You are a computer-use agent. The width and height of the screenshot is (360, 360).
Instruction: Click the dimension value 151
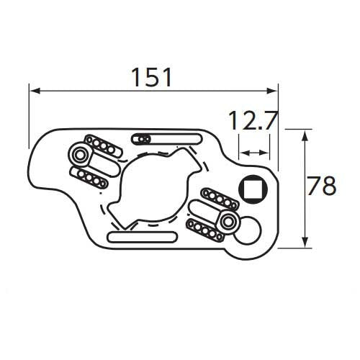[x=152, y=77]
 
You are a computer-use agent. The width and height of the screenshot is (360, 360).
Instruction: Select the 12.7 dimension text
[x=253, y=120]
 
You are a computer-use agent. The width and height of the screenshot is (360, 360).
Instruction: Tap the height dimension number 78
[x=322, y=186]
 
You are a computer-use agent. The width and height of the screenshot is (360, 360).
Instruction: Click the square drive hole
[x=253, y=189]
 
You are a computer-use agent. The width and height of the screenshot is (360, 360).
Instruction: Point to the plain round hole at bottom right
[x=247, y=230]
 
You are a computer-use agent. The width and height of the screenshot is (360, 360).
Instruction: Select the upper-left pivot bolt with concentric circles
[x=79, y=155]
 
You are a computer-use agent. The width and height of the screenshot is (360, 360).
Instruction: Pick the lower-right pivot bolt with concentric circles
[x=227, y=222]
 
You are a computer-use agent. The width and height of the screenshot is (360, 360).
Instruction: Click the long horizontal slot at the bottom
[x=142, y=237]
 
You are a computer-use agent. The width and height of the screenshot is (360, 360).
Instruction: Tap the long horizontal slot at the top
[x=167, y=139]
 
